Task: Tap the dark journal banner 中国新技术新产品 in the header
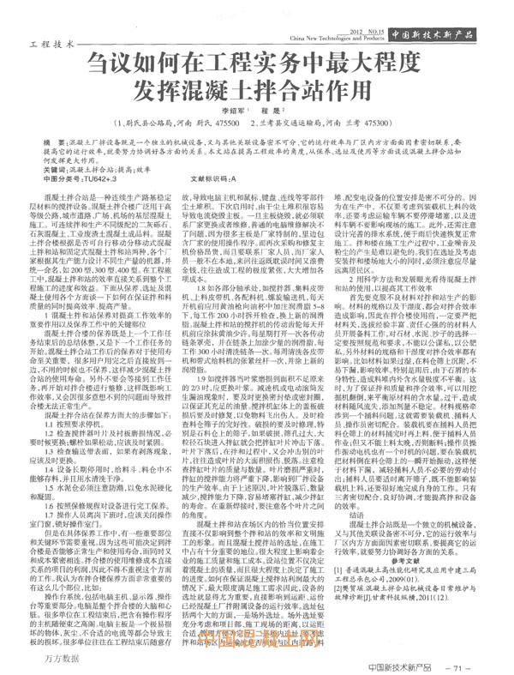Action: coord(451,33)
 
